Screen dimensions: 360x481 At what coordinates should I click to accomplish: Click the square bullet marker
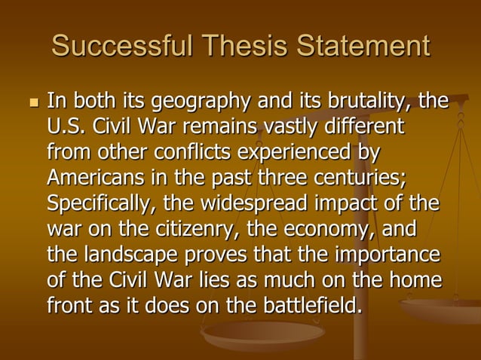pos(31,102)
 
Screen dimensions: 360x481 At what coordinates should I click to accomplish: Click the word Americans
pos(90,178)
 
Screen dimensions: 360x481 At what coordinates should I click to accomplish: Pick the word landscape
pos(128,255)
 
